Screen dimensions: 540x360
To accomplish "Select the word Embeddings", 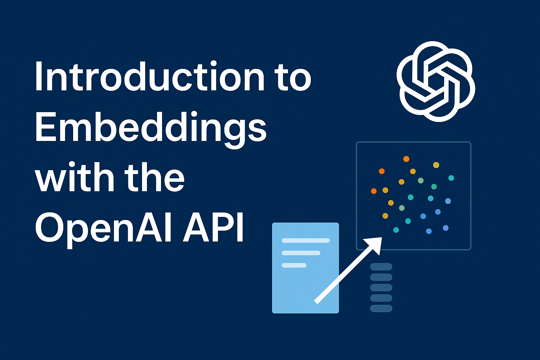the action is pos(150,128).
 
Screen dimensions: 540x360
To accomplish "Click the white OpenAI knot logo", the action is pos(436,82).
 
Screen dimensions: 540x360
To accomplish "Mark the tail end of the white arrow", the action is pos(317,301).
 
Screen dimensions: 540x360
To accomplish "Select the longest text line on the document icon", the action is pos(306,241).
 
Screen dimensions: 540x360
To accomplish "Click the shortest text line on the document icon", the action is pos(294,265).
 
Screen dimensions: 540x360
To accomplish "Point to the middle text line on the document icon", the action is pos(301,253).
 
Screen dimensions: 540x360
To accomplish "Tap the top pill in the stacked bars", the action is pos(381,267).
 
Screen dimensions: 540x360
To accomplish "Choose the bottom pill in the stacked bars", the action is pos(381,308).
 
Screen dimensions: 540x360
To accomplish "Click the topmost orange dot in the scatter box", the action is pos(406,159).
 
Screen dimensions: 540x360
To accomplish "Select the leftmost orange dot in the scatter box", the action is pos(374,191).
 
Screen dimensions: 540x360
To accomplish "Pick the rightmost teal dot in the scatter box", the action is pos(451,178).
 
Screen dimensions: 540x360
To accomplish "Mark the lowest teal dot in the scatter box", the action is pos(396,230).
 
